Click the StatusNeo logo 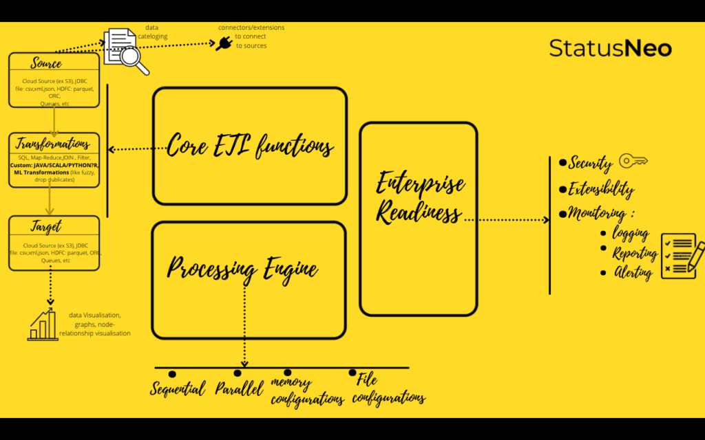click(x=610, y=48)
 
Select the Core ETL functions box click(x=249, y=146)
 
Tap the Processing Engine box click(x=248, y=278)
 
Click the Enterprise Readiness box click(x=419, y=219)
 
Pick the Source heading click(x=46, y=63)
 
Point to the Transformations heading click(x=53, y=144)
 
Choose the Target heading click(x=46, y=226)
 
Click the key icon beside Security click(x=633, y=161)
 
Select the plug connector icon click(x=224, y=43)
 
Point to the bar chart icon click(x=43, y=324)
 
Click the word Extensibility click(x=601, y=189)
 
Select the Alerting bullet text click(x=633, y=272)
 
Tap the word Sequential click(x=178, y=389)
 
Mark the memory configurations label click(x=306, y=390)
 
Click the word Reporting click(x=634, y=253)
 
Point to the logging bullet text click(x=631, y=233)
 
